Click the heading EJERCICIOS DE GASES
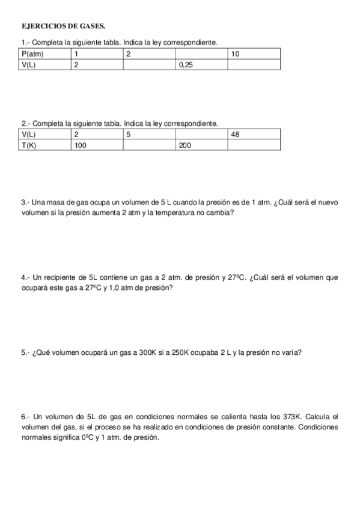[x=63, y=26]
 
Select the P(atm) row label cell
[x=32, y=54]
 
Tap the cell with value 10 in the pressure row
[x=236, y=54]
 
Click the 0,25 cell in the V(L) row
[x=186, y=65]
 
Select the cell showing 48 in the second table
[x=236, y=135]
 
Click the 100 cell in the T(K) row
[x=81, y=146]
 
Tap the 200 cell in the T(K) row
[x=185, y=146]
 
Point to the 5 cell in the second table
[x=129, y=135]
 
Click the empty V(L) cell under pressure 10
[x=254, y=65]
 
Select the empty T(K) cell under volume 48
[x=254, y=146]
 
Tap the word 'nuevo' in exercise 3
[x=328, y=203]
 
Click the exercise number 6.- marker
[x=25, y=416]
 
